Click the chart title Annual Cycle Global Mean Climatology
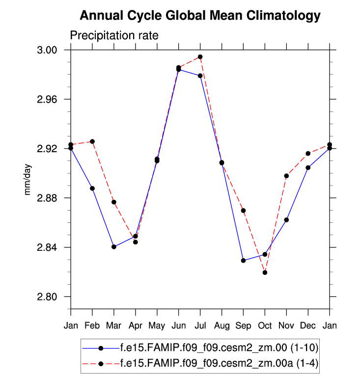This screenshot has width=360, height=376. (x=200, y=16)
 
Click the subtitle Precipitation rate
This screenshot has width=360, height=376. (x=114, y=35)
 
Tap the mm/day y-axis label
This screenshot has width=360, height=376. (x=28, y=180)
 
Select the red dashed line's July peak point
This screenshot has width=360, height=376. (x=200, y=57)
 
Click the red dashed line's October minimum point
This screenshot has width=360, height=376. (x=265, y=272)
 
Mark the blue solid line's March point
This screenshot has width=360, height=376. (x=114, y=247)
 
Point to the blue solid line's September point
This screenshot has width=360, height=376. (x=243, y=260)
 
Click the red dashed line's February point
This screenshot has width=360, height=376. (x=92, y=141)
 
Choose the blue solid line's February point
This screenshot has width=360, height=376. (x=92, y=188)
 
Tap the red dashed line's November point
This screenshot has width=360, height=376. (x=286, y=176)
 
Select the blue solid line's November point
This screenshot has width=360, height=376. (x=286, y=220)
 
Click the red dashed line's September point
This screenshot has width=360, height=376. (x=243, y=211)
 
